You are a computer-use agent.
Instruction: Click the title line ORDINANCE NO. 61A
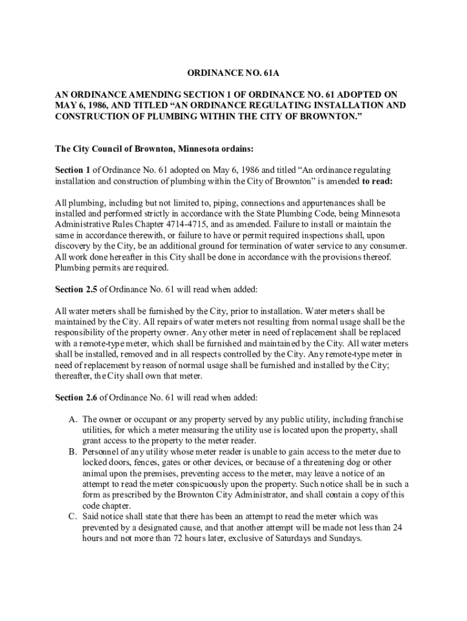pyautogui.click(x=233, y=74)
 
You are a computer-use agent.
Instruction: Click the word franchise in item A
pyautogui.click(x=385, y=419)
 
